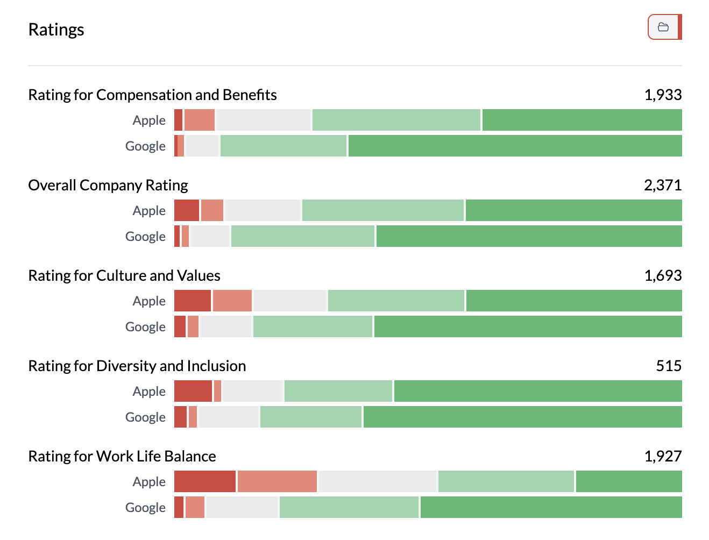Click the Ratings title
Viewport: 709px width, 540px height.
click(56, 30)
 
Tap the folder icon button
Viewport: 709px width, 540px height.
click(664, 27)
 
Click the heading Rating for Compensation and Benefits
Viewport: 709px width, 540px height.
click(152, 95)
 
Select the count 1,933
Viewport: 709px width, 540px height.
click(663, 95)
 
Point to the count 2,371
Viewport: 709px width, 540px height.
click(663, 185)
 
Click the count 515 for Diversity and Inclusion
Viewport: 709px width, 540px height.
click(669, 366)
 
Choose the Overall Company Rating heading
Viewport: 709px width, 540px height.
click(108, 185)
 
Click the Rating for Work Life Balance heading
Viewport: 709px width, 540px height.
click(122, 456)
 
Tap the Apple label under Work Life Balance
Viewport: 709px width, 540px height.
click(149, 481)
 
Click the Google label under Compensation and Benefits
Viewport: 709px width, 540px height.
click(145, 146)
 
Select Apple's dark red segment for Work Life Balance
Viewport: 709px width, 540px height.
click(205, 481)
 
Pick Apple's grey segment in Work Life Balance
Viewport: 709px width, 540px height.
click(377, 481)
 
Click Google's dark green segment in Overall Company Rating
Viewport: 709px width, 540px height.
click(529, 236)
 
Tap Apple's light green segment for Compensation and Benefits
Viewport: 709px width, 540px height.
click(396, 120)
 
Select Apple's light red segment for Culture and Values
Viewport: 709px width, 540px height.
click(232, 301)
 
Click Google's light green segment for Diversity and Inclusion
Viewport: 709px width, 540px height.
click(311, 417)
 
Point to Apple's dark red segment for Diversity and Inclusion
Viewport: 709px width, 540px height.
click(193, 391)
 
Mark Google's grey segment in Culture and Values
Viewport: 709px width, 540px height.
click(226, 326)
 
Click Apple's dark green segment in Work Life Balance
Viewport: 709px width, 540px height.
click(629, 481)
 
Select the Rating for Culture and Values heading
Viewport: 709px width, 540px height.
click(124, 275)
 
